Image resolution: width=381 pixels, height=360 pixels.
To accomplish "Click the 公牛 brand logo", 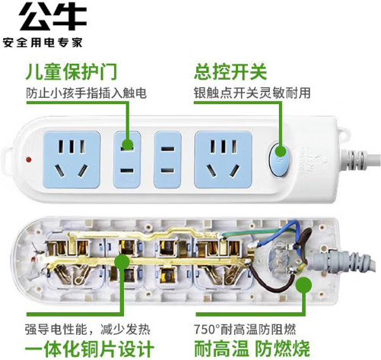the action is coord(53,17).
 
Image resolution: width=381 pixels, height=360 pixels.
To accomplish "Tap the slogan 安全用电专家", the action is coord(43,43).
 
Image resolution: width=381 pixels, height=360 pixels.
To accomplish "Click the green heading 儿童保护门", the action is coord(71,71).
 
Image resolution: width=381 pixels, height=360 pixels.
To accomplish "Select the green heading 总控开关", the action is coord(230,71).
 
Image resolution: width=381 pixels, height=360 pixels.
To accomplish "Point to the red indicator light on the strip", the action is coord(29,159).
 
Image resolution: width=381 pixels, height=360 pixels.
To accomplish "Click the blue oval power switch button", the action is coord(280,159).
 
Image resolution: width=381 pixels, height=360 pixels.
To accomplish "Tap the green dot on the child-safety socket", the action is coord(127,145).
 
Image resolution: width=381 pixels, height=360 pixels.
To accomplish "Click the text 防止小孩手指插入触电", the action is coord(87,93).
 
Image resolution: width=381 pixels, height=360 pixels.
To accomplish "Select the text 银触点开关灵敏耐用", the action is coord(252,93).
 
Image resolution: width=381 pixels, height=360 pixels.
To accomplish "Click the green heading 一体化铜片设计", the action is coord(90,349).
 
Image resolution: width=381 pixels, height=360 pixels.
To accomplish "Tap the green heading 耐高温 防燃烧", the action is coord(252,349).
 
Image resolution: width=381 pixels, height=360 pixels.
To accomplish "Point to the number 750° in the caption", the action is coord(208,330).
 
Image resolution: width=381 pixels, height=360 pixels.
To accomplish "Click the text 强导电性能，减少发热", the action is coord(87,330).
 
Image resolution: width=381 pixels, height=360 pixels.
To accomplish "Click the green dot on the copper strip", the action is coord(122,262).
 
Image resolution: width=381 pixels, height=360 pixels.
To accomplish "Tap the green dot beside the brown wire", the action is coord(303,286).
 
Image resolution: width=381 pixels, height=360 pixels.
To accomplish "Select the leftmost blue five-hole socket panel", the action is coord(71,159).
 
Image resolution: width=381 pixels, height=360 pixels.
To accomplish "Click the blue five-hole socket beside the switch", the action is coord(223,159).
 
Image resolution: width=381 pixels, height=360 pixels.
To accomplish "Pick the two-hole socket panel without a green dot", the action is coord(168,159).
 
